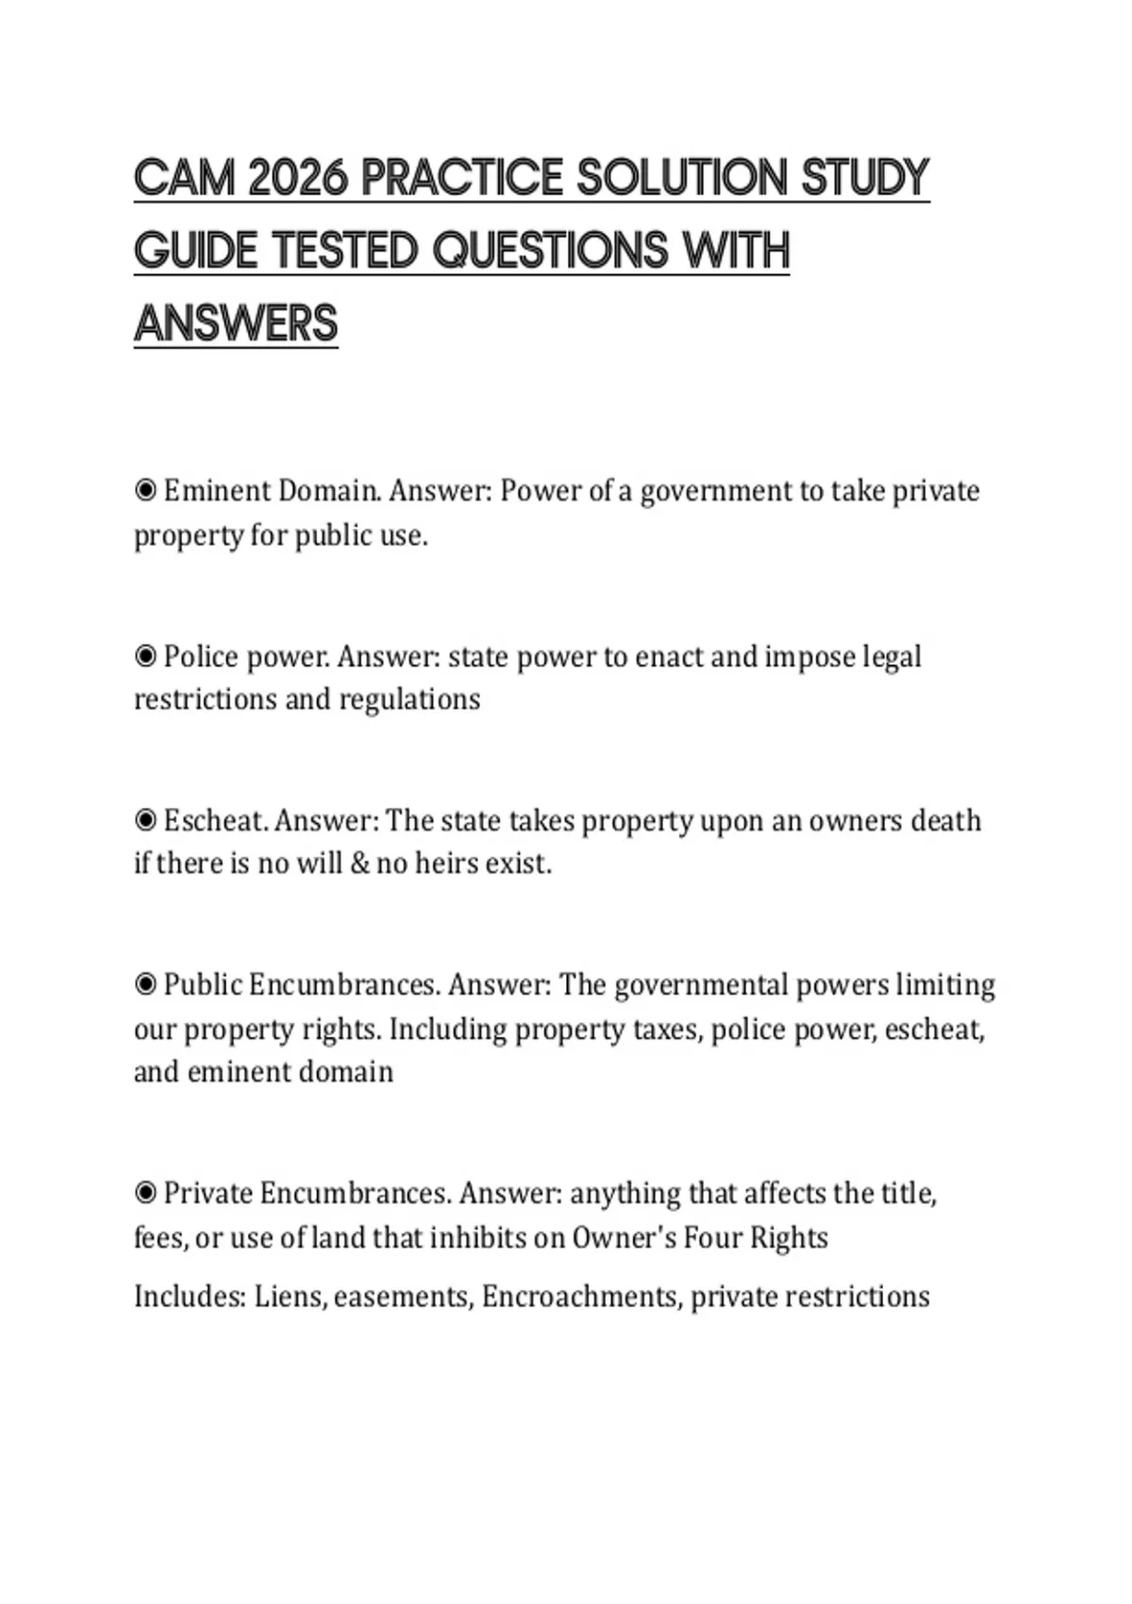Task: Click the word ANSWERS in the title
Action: pos(236,324)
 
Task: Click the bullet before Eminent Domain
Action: pos(145,491)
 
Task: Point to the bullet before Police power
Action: pos(145,656)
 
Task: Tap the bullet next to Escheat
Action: pos(145,820)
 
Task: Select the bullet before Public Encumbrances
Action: pos(145,985)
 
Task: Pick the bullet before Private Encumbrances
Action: pos(145,1194)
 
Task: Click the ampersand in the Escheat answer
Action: pos(359,863)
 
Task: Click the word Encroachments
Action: pos(581,1297)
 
